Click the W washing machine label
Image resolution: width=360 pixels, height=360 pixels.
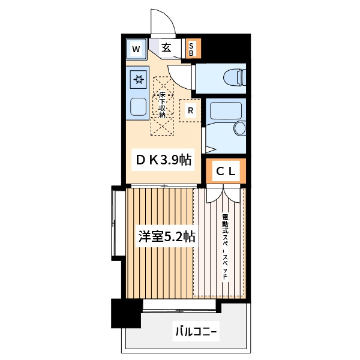[x=136, y=49]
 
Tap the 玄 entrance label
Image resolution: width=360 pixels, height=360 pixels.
[x=166, y=48]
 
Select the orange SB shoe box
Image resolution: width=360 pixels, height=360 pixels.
[x=193, y=48]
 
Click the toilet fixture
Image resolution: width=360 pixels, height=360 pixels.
[x=235, y=77]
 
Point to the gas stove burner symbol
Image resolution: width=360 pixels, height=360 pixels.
[x=139, y=79]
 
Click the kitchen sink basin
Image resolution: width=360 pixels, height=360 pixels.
[x=138, y=107]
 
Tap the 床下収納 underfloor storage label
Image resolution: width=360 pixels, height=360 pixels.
[x=162, y=104]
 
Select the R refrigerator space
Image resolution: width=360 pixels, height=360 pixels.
[x=190, y=110]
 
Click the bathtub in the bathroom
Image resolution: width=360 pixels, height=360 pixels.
[x=226, y=110]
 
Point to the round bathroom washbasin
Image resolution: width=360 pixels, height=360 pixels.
[x=240, y=128]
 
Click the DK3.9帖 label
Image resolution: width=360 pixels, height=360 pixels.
[x=163, y=160]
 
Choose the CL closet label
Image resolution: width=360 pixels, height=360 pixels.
[x=226, y=171]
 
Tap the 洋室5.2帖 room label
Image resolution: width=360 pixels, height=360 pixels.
[x=167, y=236]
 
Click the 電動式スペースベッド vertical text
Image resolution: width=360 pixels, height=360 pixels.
[x=225, y=247]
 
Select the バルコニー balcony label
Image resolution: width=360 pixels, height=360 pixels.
[x=196, y=332]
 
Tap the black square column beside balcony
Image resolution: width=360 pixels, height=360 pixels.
[x=126, y=313]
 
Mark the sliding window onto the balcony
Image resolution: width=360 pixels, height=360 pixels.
[x=179, y=306]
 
